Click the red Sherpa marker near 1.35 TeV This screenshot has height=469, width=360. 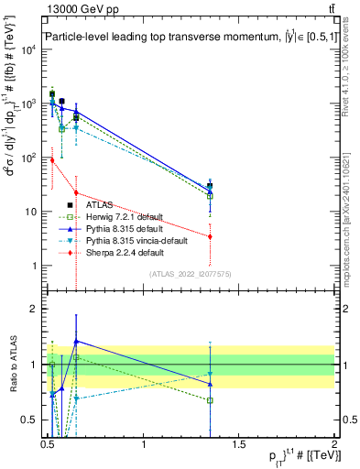point(211,236)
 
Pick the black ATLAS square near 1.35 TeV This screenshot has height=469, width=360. point(211,187)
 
